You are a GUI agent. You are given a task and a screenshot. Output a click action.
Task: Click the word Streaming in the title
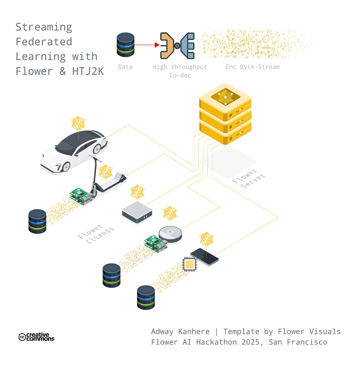[44, 27]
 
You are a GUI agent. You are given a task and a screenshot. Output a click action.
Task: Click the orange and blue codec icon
[177, 45]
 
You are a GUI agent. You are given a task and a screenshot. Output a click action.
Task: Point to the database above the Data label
[125, 45]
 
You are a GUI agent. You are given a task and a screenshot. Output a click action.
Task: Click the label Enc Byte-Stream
[253, 67]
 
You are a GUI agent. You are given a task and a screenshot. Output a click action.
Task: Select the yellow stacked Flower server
[225, 114]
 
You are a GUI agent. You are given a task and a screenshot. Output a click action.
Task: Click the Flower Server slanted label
[248, 178]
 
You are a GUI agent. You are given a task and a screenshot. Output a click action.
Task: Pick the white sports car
[74, 152]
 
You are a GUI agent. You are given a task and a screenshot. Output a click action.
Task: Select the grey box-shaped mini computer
[137, 212]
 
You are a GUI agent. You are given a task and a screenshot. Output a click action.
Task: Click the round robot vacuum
[170, 234]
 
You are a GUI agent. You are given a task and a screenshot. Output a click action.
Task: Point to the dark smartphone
[205, 257]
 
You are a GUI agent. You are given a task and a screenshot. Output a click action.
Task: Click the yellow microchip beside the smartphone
[190, 264]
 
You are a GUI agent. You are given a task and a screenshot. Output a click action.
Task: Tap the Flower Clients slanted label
[96, 234]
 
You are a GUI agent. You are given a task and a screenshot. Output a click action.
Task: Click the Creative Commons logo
[36, 337]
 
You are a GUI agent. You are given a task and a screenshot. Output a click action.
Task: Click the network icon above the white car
[78, 123]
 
